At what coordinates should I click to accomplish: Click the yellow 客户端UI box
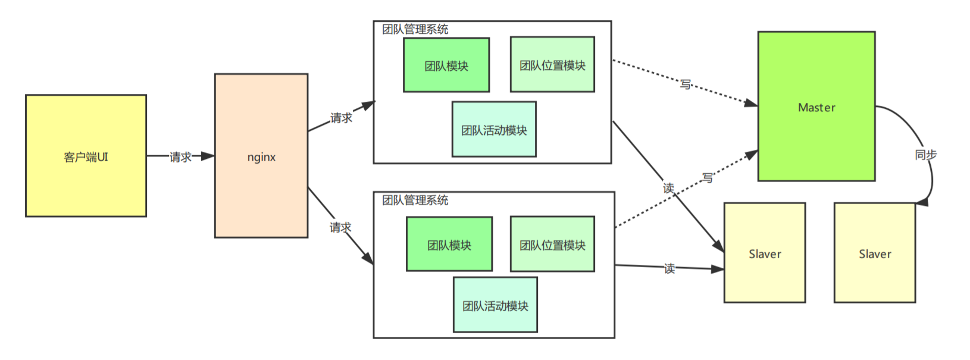click(86, 156)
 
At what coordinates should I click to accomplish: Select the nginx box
click(261, 156)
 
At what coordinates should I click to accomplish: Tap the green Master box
click(816, 107)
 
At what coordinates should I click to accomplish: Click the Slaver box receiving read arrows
click(764, 253)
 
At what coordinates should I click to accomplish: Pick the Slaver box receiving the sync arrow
click(874, 253)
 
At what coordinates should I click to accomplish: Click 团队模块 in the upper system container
click(446, 65)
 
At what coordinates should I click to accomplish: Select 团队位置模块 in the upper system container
click(552, 65)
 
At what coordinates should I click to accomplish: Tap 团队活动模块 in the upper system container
click(494, 130)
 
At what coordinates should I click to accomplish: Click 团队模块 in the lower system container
click(449, 245)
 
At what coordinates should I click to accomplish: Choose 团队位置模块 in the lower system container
click(552, 245)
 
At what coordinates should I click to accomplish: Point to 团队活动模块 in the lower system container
click(495, 305)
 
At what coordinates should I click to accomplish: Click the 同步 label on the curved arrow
click(925, 155)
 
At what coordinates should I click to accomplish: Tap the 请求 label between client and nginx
click(180, 157)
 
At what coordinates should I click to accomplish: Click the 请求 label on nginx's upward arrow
click(341, 118)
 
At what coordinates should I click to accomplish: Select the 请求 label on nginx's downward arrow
click(340, 227)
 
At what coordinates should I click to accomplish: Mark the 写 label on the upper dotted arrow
click(686, 84)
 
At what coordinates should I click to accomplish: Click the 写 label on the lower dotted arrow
click(707, 178)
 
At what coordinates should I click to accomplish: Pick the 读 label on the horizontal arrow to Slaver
click(669, 269)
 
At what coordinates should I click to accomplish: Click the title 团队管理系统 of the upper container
click(415, 29)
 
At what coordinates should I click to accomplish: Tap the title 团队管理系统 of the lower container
click(415, 200)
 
